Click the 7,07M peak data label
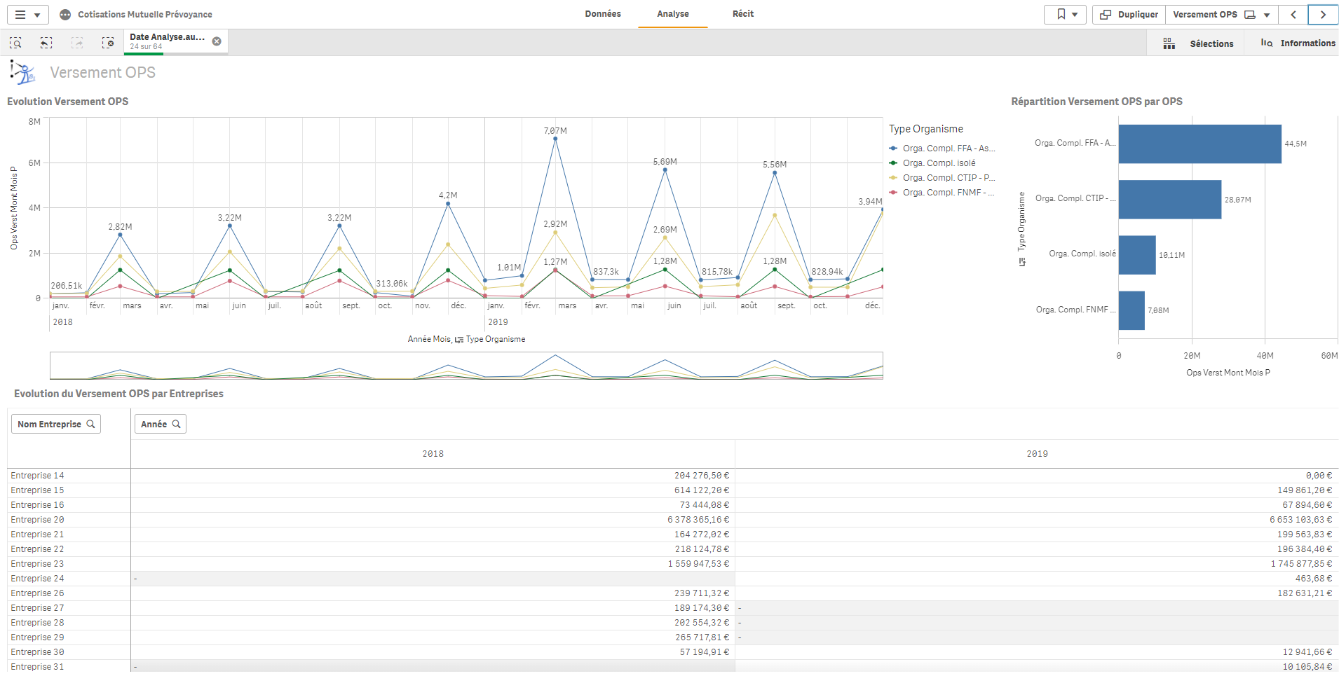(x=555, y=131)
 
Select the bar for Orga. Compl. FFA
(x=1199, y=144)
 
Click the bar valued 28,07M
(x=1169, y=200)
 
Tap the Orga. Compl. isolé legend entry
(x=939, y=163)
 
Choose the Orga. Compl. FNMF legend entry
(x=947, y=193)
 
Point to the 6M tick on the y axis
(x=34, y=163)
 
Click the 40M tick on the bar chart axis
(x=1265, y=356)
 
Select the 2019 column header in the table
(x=1037, y=454)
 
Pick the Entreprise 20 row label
(x=37, y=520)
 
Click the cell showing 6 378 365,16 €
(x=698, y=520)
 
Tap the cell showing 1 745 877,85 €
(x=1301, y=564)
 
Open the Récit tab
(x=742, y=14)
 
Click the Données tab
(x=603, y=14)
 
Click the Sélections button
(x=1198, y=43)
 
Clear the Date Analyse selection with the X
(x=217, y=41)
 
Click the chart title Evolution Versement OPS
(x=68, y=102)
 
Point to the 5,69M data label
(x=665, y=162)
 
